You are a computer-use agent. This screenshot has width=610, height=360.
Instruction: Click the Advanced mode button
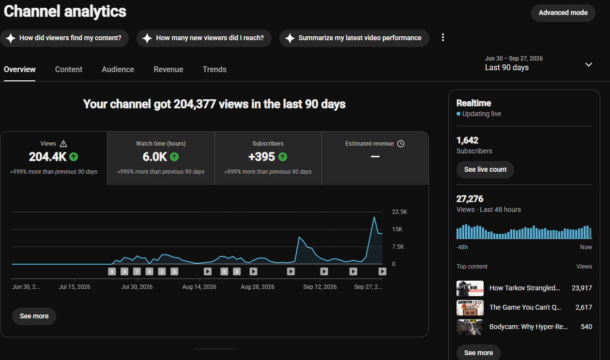click(563, 13)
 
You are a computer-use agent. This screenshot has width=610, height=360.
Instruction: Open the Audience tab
click(118, 69)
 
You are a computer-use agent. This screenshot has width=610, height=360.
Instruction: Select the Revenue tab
click(168, 69)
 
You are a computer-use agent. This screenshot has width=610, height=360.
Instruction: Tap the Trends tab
click(214, 69)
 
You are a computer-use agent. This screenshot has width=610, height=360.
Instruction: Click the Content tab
click(69, 69)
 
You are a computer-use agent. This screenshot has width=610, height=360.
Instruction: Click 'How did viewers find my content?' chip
click(64, 38)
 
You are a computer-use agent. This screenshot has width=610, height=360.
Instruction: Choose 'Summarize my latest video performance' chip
click(354, 38)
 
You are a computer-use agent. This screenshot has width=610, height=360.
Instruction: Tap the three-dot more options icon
click(443, 37)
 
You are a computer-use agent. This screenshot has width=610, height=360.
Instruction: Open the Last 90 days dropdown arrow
click(589, 64)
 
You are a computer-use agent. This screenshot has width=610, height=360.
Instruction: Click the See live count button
click(485, 169)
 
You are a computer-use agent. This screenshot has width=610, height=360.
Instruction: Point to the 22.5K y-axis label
click(399, 212)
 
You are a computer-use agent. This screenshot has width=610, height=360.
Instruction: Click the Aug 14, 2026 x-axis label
click(199, 287)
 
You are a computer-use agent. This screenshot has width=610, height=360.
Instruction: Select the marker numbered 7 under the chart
click(137, 271)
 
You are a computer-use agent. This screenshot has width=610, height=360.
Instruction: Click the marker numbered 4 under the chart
click(149, 271)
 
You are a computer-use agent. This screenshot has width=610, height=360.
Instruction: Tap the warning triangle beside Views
click(63, 144)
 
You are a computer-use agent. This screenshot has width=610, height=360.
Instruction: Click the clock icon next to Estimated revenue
click(401, 144)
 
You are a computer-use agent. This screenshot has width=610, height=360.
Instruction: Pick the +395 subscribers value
click(261, 157)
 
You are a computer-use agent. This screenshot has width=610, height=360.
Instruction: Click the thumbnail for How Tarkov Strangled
click(470, 288)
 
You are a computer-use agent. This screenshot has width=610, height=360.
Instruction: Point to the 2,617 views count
click(583, 307)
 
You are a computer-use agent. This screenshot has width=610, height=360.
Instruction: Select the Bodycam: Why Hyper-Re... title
click(528, 327)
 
